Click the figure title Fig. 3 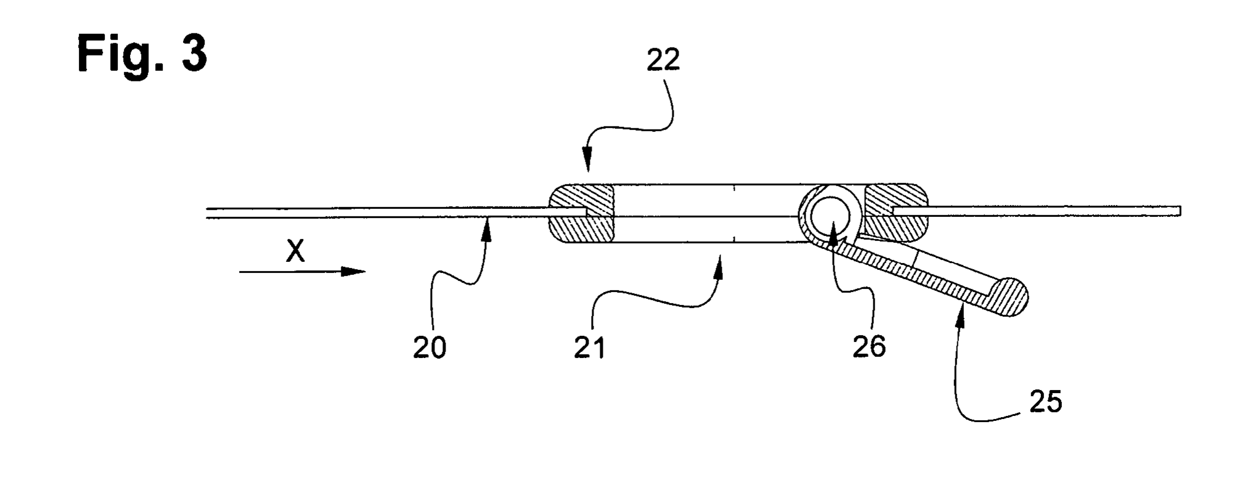[142, 55]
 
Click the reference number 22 [663, 60]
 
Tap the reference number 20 [430, 348]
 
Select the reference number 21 [590, 348]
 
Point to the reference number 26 [869, 347]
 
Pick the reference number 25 [1046, 402]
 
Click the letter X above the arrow [295, 251]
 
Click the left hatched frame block [581, 213]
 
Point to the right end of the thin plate [1180, 211]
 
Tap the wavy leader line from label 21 [653, 301]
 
